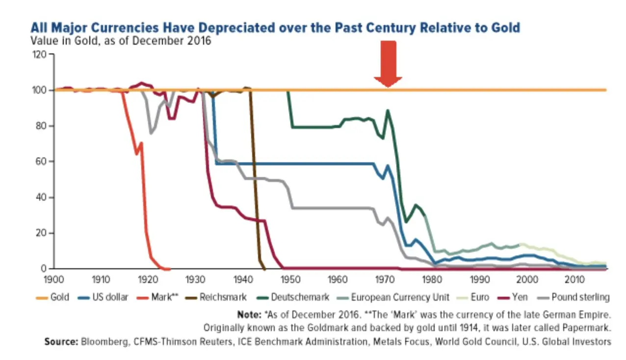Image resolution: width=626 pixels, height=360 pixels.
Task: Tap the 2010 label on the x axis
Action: [574, 279]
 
